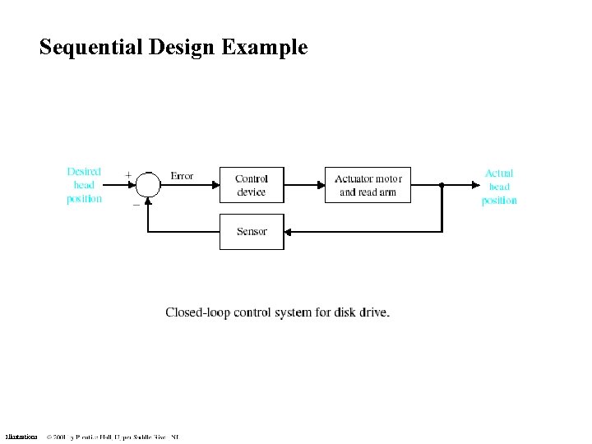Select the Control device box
click(252, 185)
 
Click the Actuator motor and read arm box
click(368, 185)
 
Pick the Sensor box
click(252, 232)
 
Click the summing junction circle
click(148, 185)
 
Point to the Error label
click(182, 176)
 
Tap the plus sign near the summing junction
click(128, 174)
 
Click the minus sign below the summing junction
click(136, 205)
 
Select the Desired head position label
click(85, 185)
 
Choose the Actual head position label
click(499, 187)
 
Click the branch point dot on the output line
click(442, 185)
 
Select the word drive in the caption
click(373, 312)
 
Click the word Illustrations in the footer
click(21, 437)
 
